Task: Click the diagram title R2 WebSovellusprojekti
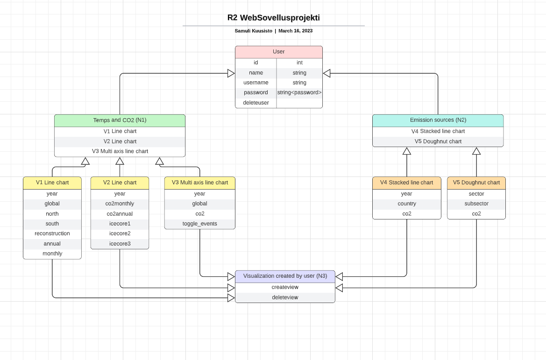click(x=273, y=18)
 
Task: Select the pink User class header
click(x=278, y=52)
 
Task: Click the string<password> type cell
click(x=299, y=92)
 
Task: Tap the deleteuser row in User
click(x=255, y=103)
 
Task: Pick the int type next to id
click(x=299, y=63)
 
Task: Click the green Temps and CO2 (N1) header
click(x=120, y=120)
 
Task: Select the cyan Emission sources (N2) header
click(x=438, y=120)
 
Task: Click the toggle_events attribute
click(x=199, y=224)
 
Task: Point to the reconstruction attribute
click(x=52, y=233)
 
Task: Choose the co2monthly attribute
click(x=120, y=204)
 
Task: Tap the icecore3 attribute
click(x=120, y=244)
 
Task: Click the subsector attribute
click(x=476, y=204)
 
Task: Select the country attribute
click(x=406, y=204)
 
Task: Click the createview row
click(x=285, y=287)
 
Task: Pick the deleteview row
click(x=285, y=297)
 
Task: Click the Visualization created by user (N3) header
click(x=285, y=276)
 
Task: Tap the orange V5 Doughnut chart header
click(x=476, y=183)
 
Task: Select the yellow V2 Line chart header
click(x=120, y=183)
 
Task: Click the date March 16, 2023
click(x=295, y=31)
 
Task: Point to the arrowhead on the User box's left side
click(x=231, y=73)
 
